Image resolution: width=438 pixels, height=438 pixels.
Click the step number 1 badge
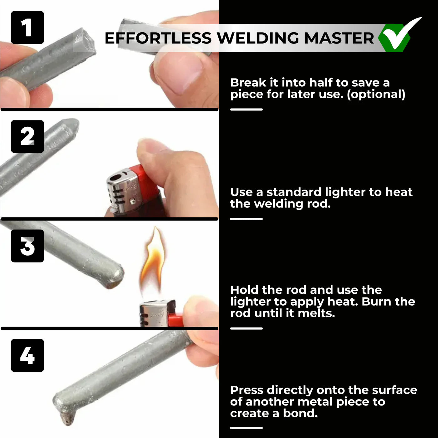pos(28,28)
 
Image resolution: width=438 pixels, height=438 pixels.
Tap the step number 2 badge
pos(28,137)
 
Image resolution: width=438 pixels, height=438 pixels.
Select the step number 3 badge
pos(28,246)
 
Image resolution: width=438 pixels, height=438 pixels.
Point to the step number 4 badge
pos(28,355)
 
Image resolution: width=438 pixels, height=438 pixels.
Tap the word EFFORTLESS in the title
pos(158,38)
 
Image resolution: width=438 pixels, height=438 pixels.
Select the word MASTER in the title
pos(339,38)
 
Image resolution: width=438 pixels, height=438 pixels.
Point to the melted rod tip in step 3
pos(115,278)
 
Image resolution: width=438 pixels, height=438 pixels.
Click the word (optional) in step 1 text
pos(376,94)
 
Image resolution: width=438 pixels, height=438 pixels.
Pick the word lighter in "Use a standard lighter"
pos(345,192)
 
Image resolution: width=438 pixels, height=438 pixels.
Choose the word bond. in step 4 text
pos(300,413)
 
